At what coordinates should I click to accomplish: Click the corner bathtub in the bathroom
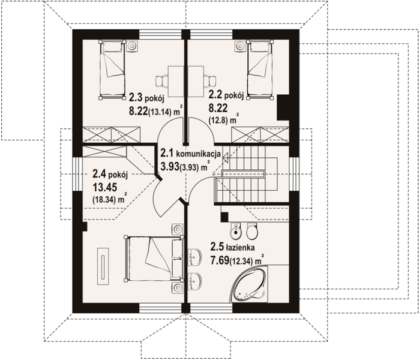[x=249, y=284]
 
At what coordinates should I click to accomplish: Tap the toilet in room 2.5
[x=252, y=230]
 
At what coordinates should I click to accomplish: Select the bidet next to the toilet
[x=235, y=230]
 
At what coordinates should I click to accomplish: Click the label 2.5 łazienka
[x=232, y=247]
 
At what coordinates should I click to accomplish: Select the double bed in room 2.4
[x=154, y=258]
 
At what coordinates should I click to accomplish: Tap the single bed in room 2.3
[x=112, y=70]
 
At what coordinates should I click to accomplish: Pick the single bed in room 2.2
[x=261, y=70]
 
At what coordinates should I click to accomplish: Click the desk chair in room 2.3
[x=161, y=81]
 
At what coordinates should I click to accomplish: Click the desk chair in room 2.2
[x=209, y=81]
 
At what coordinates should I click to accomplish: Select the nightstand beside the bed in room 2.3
[x=132, y=46]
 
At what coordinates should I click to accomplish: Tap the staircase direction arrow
[x=225, y=158]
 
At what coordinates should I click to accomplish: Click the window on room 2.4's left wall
[x=77, y=174]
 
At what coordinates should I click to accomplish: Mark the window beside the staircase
[x=294, y=174]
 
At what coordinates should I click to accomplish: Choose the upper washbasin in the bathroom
[x=194, y=257]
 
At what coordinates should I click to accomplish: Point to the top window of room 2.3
[x=160, y=35]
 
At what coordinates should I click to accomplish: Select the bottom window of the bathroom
[x=211, y=308]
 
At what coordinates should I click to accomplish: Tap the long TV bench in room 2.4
[x=103, y=266]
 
